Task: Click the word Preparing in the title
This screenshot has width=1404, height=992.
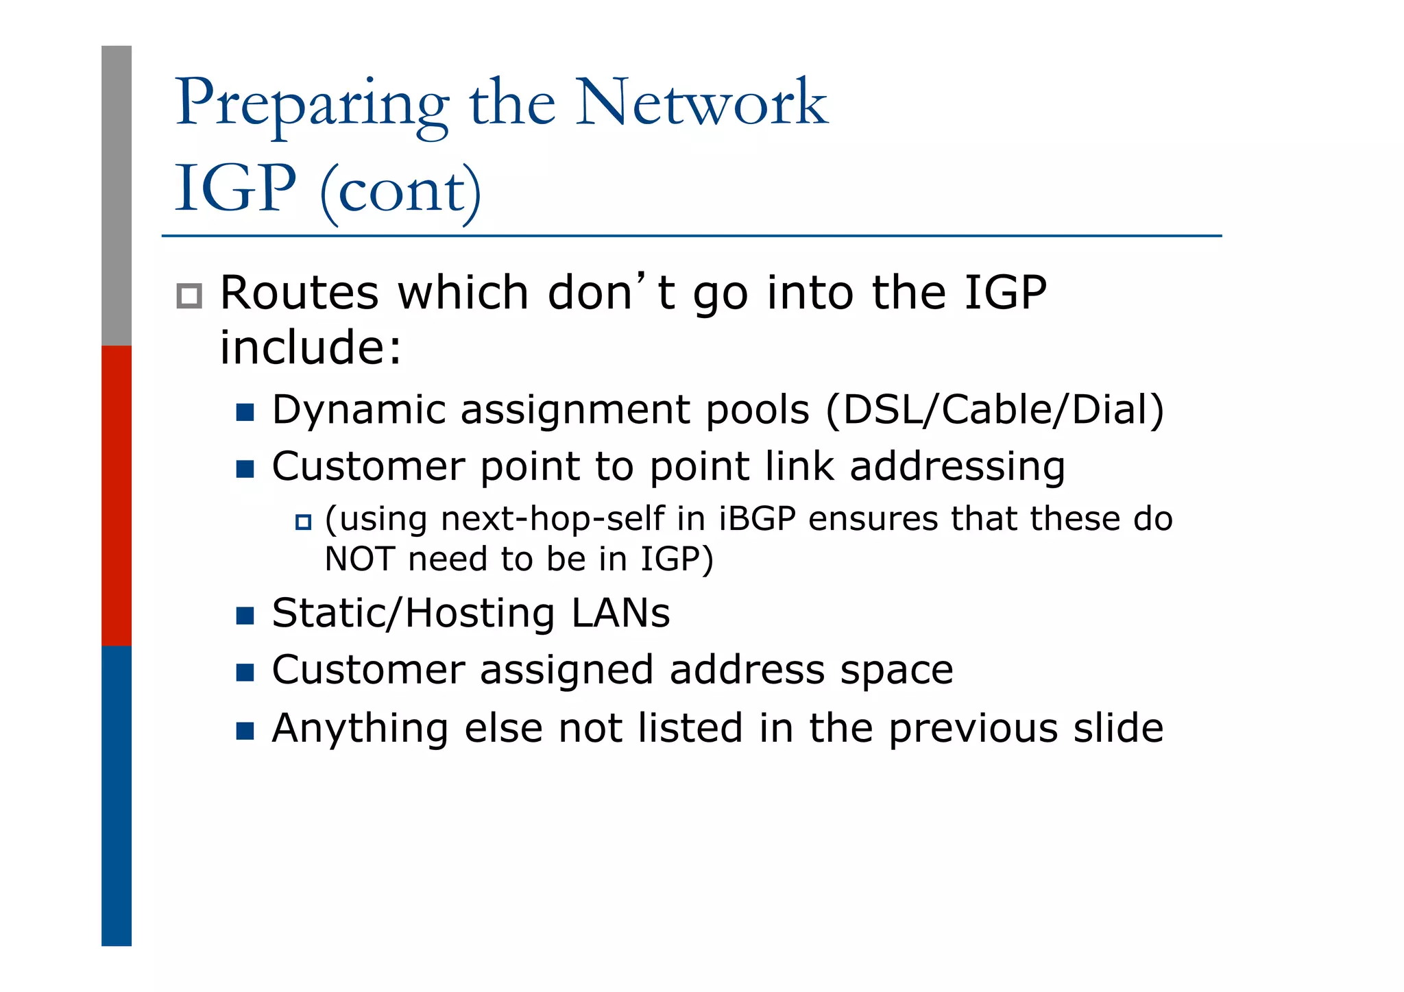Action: pos(312,105)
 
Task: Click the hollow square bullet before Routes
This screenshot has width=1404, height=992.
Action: pos(189,295)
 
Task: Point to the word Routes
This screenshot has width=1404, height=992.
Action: pos(299,293)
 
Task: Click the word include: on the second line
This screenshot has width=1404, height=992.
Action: pos(310,348)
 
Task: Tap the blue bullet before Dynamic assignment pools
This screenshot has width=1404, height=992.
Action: pos(245,412)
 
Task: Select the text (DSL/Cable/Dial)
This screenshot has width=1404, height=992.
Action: pos(995,410)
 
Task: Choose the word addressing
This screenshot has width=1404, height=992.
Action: pos(957,468)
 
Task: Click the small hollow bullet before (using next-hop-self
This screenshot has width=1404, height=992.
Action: pos(303,522)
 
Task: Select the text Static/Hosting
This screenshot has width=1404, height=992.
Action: pos(413,613)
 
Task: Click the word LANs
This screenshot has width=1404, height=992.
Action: pos(620,613)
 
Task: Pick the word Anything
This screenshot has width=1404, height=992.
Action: pos(360,728)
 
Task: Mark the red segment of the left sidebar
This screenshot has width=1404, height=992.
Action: pos(117,495)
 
